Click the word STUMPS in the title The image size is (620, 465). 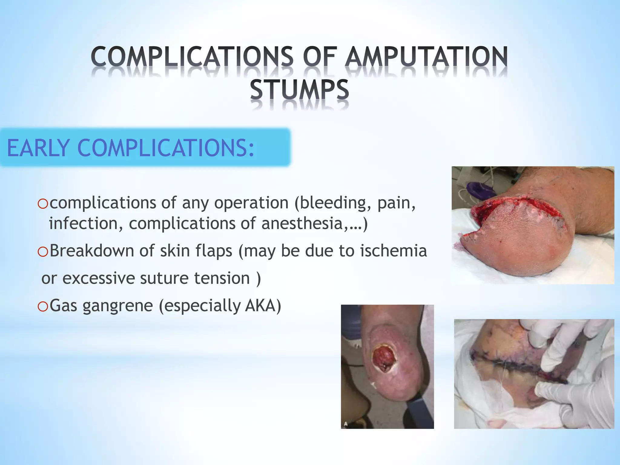[x=299, y=90]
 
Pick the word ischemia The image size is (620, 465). [x=393, y=251]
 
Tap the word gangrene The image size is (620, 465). [x=117, y=306]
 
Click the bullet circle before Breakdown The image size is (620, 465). [x=43, y=252]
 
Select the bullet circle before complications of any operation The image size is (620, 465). [x=43, y=204]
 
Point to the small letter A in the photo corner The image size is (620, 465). [x=346, y=424]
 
